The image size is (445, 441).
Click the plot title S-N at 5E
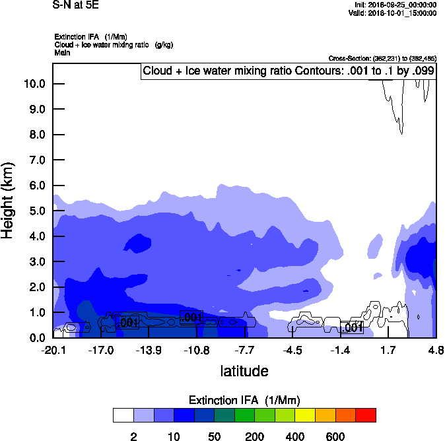(72, 5)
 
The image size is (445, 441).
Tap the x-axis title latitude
(244, 371)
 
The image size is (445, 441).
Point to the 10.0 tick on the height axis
(34, 84)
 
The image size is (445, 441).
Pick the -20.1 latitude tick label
(53, 349)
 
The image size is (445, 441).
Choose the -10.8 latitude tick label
(197, 349)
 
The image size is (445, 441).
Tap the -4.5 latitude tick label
(293, 349)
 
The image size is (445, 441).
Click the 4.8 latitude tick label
(436, 349)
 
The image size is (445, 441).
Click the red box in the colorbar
(366, 415)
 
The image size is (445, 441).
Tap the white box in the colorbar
(123, 415)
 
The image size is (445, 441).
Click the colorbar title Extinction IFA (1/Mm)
(244, 400)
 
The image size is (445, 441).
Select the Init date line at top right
(395, 5)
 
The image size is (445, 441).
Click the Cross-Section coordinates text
(382, 58)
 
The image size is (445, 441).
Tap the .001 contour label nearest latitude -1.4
(352, 327)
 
